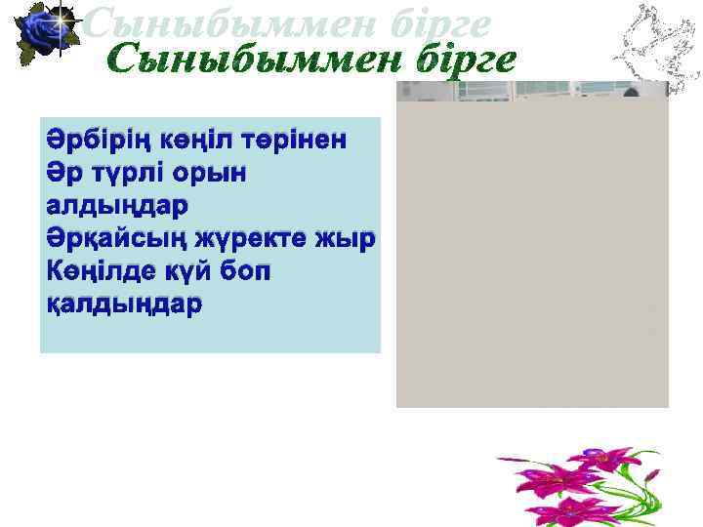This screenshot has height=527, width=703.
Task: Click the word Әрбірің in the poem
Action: click(x=91, y=140)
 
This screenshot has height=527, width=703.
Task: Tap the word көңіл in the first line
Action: click(x=184, y=140)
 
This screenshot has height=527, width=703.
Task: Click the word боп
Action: click(x=250, y=271)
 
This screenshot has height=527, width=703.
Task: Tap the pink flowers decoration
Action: click(x=576, y=484)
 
